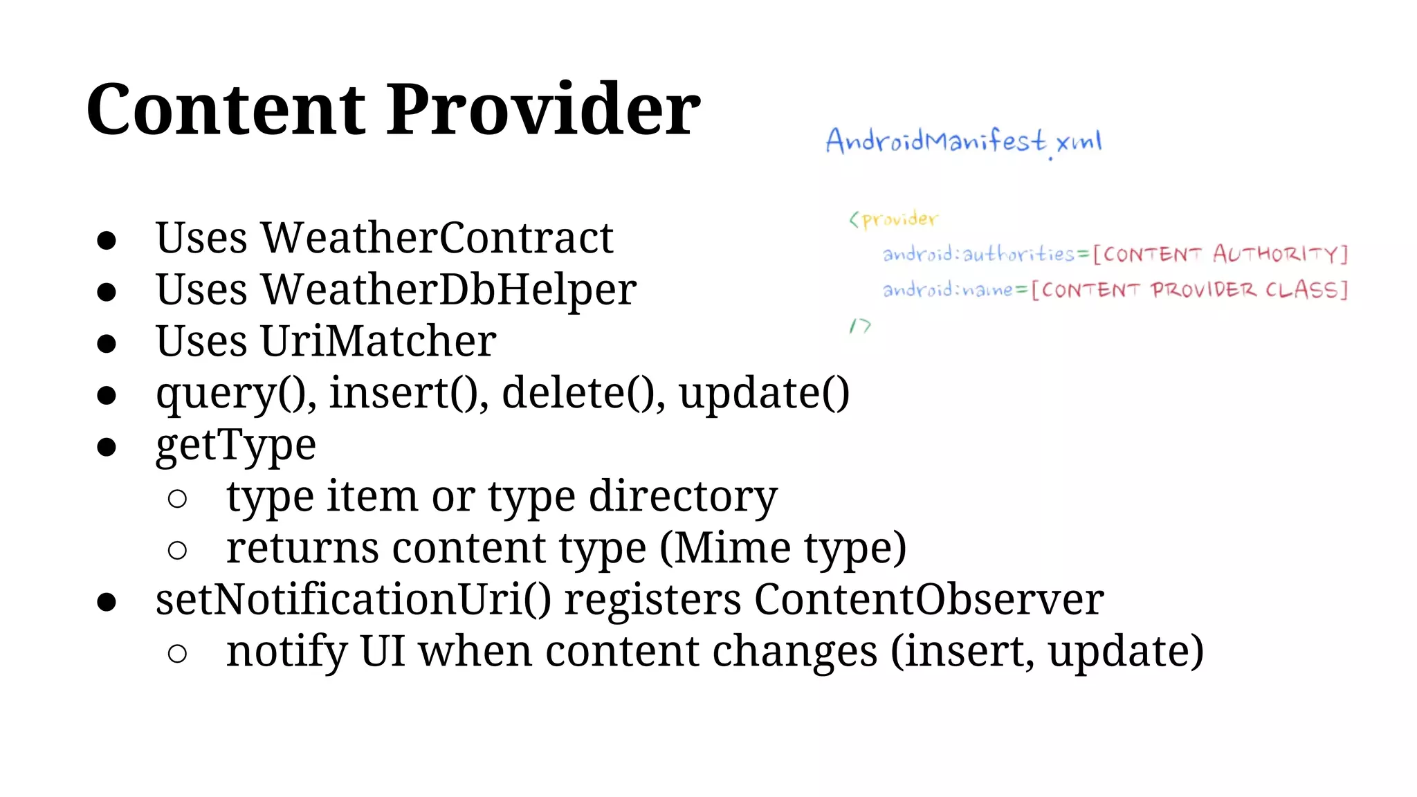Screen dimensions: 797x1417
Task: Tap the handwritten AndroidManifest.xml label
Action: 963,142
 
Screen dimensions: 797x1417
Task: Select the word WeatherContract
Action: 437,238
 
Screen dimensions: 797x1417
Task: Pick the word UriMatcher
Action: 378,341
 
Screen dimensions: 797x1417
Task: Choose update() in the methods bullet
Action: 763,394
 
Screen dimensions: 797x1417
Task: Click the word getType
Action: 236,446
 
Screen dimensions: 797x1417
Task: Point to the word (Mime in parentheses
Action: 725,548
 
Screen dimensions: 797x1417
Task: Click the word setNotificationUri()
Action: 353,599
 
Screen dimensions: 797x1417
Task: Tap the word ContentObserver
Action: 929,599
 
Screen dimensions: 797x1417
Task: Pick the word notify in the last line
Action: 286,652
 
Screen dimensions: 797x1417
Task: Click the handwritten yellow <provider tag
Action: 893,220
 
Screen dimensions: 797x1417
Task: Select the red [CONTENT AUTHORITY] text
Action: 1221,255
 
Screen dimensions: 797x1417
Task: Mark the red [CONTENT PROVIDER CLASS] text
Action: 1189,290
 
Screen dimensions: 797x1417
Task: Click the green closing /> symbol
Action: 860,326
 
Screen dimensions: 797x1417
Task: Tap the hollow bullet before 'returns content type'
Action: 177,551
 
